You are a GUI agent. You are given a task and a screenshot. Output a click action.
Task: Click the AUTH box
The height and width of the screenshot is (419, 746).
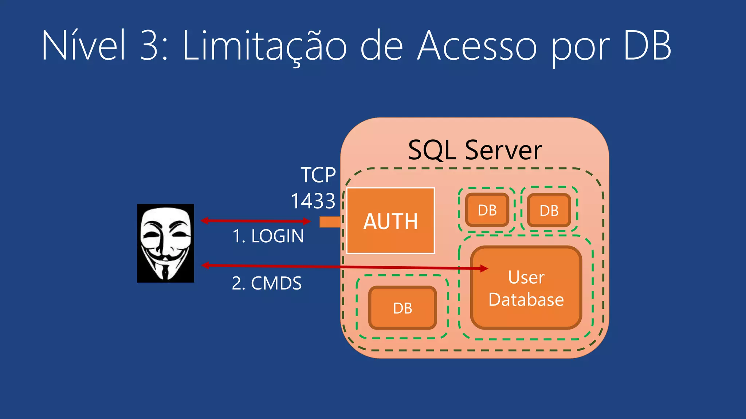(390, 220)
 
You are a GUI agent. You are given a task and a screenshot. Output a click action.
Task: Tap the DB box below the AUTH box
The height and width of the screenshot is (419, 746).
(403, 308)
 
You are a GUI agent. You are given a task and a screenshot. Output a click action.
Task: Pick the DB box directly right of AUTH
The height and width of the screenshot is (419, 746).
(487, 210)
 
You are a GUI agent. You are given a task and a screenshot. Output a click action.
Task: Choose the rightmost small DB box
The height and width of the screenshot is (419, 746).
(549, 210)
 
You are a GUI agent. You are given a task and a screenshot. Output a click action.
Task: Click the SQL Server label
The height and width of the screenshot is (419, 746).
(475, 150)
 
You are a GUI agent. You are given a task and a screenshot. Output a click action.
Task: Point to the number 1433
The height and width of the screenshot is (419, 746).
(313, 201)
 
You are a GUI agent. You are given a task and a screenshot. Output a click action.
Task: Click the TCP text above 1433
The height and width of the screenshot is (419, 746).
(318, 175)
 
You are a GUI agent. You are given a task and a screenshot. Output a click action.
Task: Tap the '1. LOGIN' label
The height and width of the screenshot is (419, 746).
(268, 236)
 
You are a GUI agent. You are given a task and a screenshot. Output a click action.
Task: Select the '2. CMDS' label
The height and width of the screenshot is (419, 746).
(267, 283)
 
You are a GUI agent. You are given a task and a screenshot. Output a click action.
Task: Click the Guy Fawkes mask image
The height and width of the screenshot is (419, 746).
(165, 243)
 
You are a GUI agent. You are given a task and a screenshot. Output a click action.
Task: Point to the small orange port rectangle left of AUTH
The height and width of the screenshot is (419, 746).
(330, 222)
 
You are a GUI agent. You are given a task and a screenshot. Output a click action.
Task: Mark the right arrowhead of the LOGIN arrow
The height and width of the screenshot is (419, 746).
(307, 221)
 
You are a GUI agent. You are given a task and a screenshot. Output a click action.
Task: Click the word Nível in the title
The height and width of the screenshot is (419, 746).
(83, 45)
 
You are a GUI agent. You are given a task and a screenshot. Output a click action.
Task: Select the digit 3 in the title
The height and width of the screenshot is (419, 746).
(150, 45)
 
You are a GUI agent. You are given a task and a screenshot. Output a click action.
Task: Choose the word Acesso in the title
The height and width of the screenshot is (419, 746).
(477, 46)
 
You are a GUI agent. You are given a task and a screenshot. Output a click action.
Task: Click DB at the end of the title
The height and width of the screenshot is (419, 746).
(647, 45)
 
